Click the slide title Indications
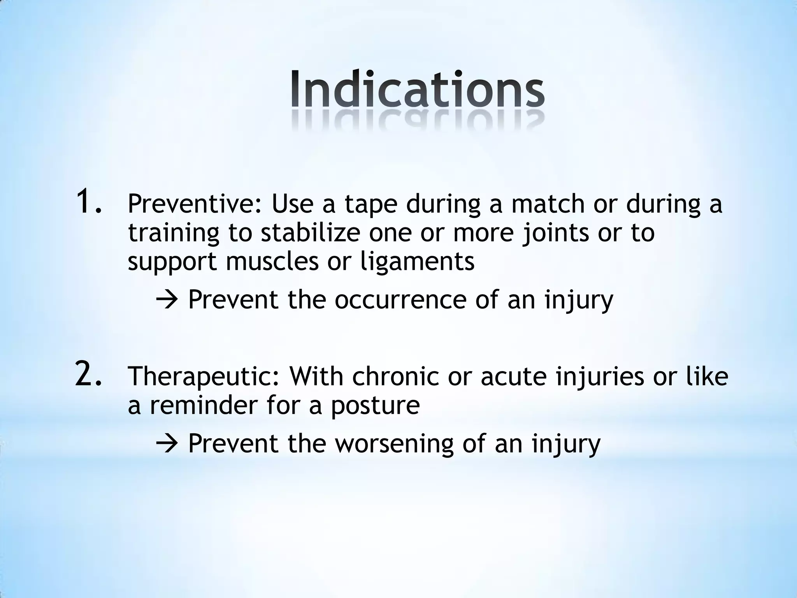(417, 89)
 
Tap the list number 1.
(89, 201)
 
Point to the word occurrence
(400, 300)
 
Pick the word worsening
(394, 444)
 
